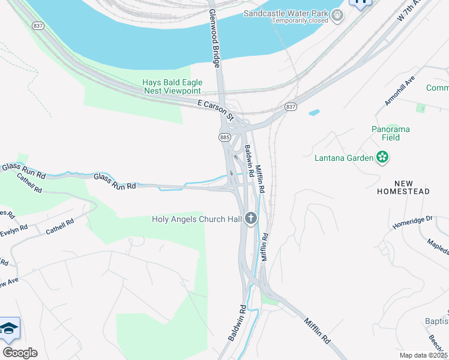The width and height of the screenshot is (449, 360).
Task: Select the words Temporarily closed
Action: pyautogui.click(x=300, y=20)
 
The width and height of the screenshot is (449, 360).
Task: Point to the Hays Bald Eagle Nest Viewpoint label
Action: pyautogui.click(x=172, y=86)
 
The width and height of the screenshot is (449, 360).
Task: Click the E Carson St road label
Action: pyautogui.click(x=215, y=105)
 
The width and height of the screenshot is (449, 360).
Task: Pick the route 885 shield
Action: pyautogui.click(x=225, y=137)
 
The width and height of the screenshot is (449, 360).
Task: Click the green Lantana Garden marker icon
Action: pyautogui.click(x=382, y=158)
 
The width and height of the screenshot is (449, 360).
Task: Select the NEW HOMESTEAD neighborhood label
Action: pyautogui.click(x=403, y=187)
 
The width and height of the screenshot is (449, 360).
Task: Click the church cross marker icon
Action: pyautogui.click(x=251, y=218)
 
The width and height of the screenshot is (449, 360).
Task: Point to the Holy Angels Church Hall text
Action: pyautogui.click(x=197, y=219)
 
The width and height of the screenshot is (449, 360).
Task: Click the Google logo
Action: pyautogui.click(x=20, y=352)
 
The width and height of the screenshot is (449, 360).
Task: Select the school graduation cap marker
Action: pyautogui.click(x=10, y=328)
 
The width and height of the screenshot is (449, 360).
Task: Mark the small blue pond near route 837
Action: pyautogui.click(x=313, y=112)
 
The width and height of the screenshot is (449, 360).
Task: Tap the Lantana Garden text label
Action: pyautogui.click(x=345, y=158)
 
